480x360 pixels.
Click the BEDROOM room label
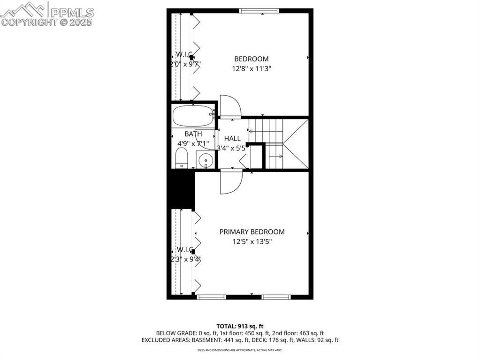[251, 59]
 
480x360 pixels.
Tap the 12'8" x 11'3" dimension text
[251, 69]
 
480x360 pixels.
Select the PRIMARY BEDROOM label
[252, 232]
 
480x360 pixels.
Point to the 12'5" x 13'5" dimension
[252, 242]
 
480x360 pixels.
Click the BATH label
[193, 134]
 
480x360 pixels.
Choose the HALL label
[232, 139]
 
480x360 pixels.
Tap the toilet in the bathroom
[181, 158]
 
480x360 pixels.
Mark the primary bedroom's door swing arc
[230, 182]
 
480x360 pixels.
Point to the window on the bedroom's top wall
[259, 10]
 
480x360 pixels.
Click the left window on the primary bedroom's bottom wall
[211, 297]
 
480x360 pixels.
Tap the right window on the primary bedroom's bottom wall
[276, 297]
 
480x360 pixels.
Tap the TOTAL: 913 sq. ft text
[240, 326]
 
